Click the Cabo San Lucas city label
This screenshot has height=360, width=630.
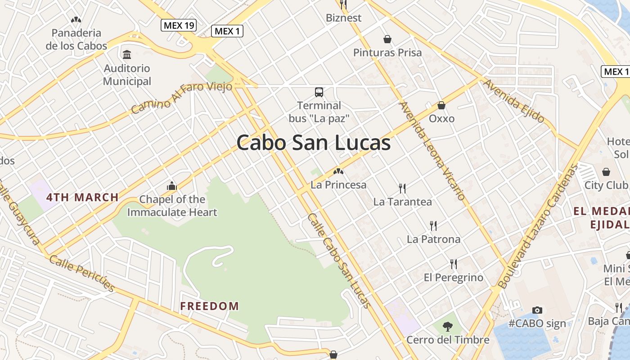point(313,143)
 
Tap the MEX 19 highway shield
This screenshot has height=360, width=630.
point(179,25)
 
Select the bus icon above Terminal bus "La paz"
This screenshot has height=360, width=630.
point(319,92)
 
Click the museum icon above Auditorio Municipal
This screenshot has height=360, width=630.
point(127,55)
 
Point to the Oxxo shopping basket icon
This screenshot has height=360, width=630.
point(441,105)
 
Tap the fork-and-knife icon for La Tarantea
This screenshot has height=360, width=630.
point(402,188)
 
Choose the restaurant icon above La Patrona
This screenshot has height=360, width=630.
point(433,225)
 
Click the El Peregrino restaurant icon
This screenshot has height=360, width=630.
point(454,264)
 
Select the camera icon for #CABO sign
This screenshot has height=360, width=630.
point(537,310)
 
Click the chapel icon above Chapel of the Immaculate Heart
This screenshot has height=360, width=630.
point(171,186)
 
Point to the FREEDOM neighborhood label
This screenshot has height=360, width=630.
point(210,306)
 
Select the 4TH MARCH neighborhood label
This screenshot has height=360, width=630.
point(82,197)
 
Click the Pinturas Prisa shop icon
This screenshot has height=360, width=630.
point(387,40)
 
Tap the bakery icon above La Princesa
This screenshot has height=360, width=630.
point(338,171)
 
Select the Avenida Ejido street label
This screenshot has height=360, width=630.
point(513,101)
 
